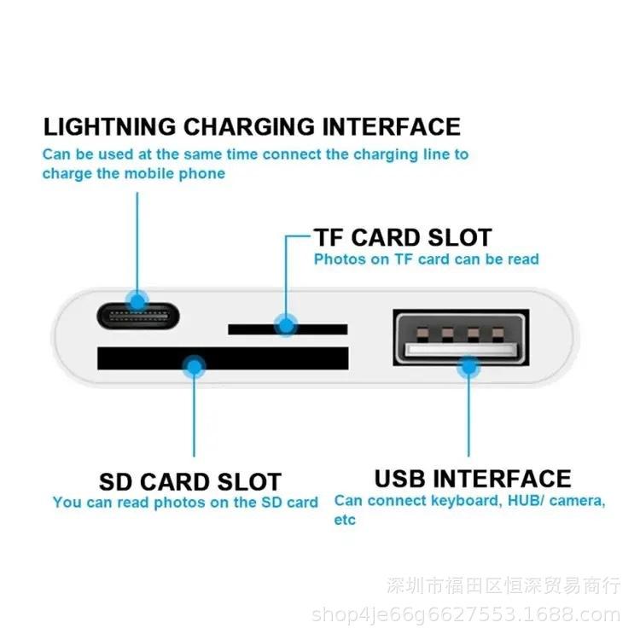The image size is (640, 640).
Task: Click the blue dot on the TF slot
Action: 285,324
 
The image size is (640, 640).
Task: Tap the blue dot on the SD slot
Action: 195,368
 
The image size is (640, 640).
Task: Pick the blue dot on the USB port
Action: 467,368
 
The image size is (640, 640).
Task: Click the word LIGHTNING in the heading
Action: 110,128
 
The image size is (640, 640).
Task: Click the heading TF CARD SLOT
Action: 403,237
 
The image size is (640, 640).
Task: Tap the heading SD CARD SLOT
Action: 189,481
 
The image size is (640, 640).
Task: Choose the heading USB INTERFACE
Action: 473,478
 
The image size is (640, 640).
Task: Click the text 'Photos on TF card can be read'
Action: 426,259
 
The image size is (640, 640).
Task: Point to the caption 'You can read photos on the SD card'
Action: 185,503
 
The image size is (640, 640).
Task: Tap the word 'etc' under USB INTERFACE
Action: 345,520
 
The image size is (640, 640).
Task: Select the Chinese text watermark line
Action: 503,586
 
